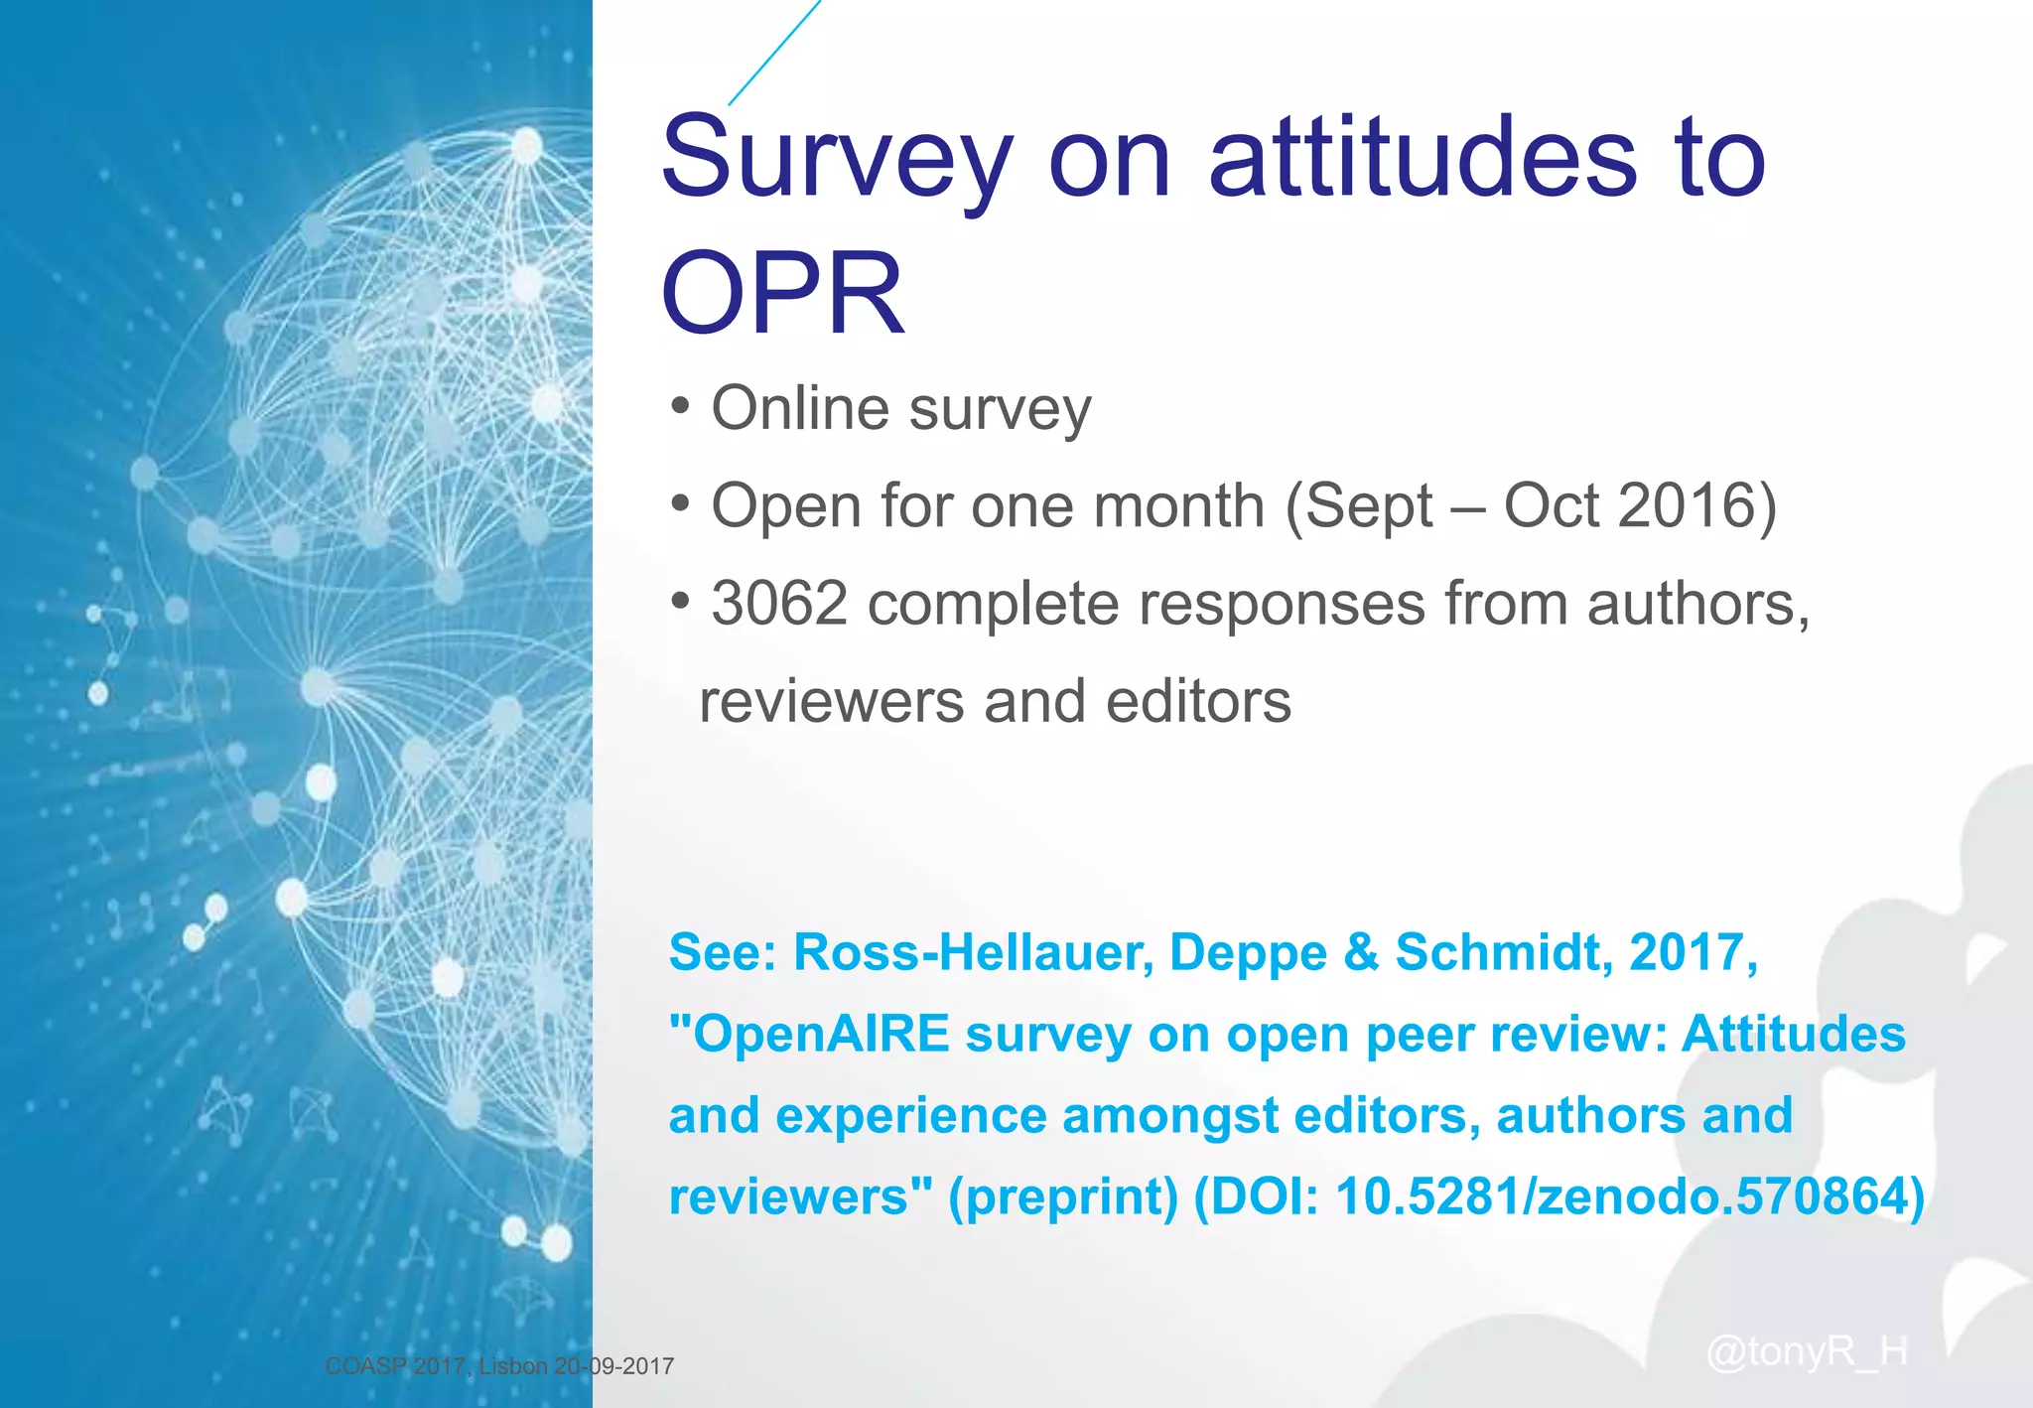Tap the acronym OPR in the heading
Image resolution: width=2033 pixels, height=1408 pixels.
coord(782,294)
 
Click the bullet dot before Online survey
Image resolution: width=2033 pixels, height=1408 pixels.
coord(680,406)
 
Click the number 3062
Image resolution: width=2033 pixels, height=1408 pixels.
coord(779,604)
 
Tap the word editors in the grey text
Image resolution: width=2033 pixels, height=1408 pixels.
coord(1198,701)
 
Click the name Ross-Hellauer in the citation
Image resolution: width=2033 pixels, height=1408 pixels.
coord(973,952)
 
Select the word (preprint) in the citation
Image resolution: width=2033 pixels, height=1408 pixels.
coord(1062,1196)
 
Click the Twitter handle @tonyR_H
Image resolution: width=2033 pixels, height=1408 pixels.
coord(1806,1351)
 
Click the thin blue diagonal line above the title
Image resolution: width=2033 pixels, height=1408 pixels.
coord(774,52)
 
